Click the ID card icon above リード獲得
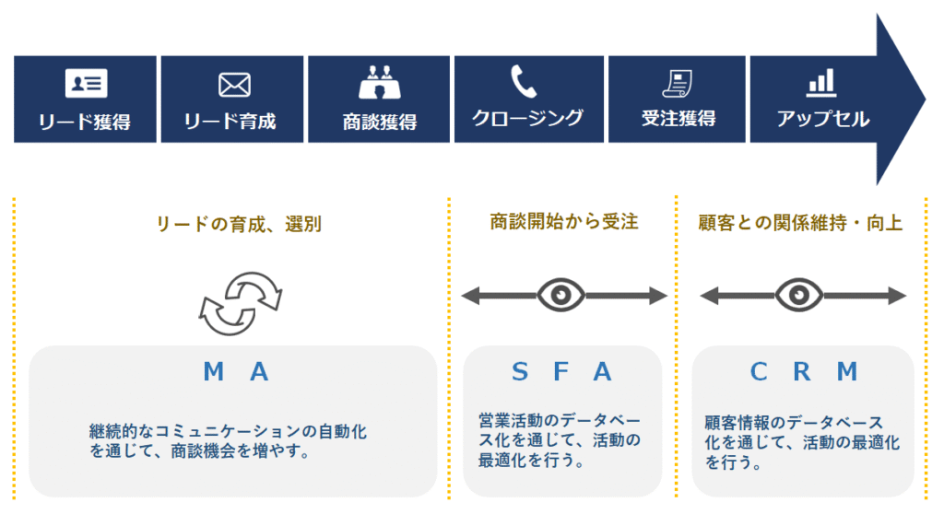click(86, 84)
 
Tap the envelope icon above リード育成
click(234, 85)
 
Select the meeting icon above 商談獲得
click(379, 83)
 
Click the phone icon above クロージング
click(524, 81)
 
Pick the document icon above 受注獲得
click(678, 83)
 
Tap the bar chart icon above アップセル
click(820, 83)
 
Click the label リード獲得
click(85, 122)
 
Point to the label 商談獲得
click(379, 122)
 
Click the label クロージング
click(527, 118)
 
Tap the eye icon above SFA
click(561, 296)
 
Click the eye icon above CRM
click(799, 296)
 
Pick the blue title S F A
click(561, 372)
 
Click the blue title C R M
click(804, 372)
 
